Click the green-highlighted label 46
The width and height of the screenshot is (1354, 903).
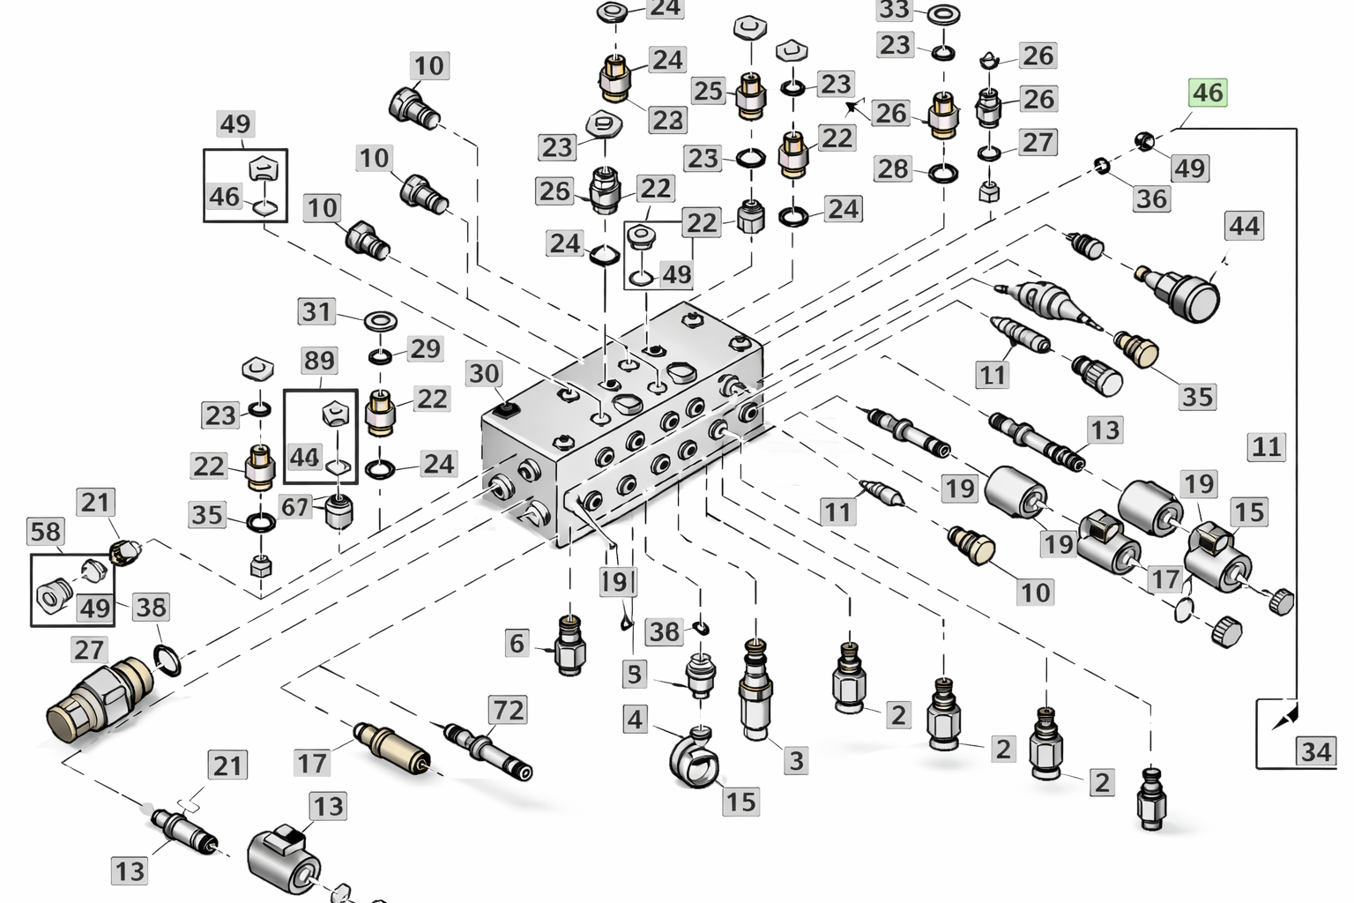tap(1208, 93)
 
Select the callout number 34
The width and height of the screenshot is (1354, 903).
tap(1316, 751)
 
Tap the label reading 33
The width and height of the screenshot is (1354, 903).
tap(894, 11)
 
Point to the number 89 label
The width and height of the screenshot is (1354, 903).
tap(319, 361)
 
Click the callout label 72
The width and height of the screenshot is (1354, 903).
tap(508, 710)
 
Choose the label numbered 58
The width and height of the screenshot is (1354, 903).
tap(46, 532)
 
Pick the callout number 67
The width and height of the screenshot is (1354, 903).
tap(294, 507)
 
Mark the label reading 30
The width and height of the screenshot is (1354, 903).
tap(484, 374)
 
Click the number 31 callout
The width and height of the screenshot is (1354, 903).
tap(316, 311)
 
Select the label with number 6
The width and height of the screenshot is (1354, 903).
tap(517, 643)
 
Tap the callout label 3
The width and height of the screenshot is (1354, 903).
tap(796, 760)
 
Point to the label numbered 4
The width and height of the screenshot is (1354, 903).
tap(635, 719)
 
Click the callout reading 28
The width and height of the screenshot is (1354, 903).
tap(892, 168)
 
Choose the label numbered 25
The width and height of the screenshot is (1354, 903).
tap(708, 91)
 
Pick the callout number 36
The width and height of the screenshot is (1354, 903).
tap(1151, 198)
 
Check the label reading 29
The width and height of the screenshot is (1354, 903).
tap(425, 348)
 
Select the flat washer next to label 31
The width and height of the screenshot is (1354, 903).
tap(379, 318)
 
